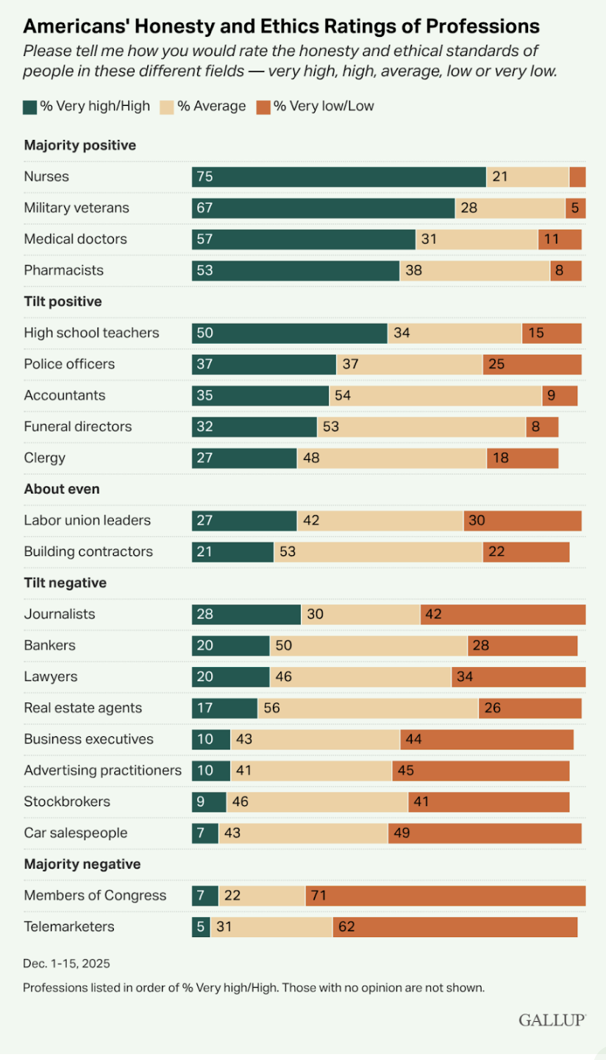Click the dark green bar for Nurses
(338, 177)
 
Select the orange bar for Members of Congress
(445, 896)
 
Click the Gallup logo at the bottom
(552, 1020)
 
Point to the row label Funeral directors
(78, 426)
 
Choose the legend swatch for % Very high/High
(30, 107)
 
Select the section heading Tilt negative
(65, 583)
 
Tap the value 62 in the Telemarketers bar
(347, 927)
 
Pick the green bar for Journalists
(246, 615)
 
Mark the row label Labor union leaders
(88, 520)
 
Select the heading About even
(62, 489)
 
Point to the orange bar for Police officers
(532, 364)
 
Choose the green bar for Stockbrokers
(209, 802)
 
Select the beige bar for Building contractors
(378, 552)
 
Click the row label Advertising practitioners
(102, 771)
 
